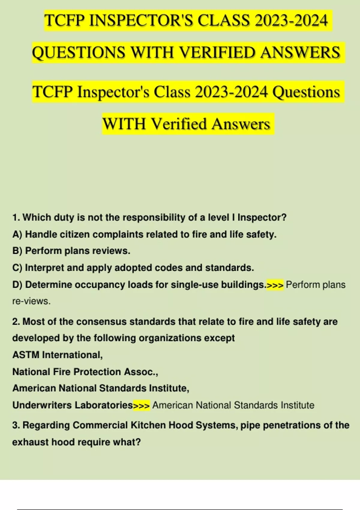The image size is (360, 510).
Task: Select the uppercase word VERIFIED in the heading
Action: pos(217,52)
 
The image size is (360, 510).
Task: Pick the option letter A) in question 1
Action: pos(17,234)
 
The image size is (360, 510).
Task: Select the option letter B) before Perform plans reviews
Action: pos(17,251)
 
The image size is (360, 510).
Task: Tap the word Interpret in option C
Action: pos(44,268)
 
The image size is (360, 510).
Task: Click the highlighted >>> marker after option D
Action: pos(275,285)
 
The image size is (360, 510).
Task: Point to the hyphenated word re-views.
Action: pos(31,301)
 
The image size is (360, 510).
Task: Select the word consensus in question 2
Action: pos(102,322)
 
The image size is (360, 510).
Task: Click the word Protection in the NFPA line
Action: pos(97,372)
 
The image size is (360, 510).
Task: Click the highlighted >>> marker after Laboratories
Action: pos(141,405)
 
